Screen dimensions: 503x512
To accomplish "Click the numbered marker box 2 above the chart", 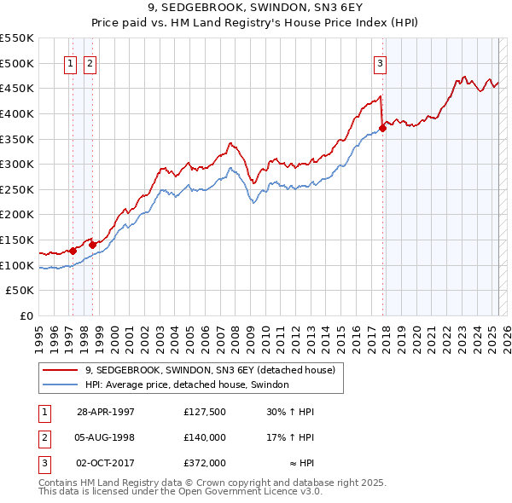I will pos(90,62).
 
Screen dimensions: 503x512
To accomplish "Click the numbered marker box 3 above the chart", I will pos(380,62).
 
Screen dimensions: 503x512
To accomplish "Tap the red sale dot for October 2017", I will pos(382,128).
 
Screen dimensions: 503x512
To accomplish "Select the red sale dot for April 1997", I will pos(73,251).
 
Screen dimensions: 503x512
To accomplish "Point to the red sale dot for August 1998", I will pos(92,245).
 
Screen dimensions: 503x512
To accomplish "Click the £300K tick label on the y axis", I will pos(17,164).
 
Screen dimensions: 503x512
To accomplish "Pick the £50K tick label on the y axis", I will pos(20,291).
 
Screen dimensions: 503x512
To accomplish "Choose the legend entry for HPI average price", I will pos(187,385).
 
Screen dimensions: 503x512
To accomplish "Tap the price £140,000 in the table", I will pos(205,437).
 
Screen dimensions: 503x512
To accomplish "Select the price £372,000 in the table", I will pos(205,463).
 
